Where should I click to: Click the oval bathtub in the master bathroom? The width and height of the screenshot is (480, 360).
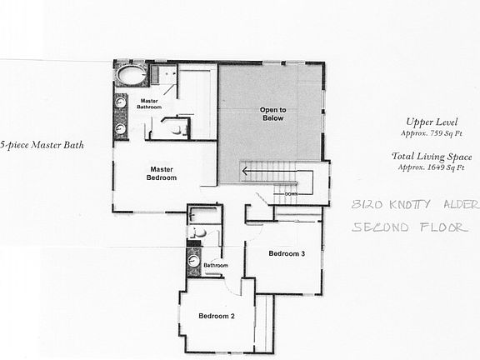[130, 75]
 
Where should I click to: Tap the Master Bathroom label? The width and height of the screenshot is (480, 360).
[150, 105]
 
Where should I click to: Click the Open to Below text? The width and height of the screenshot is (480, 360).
[271, 114]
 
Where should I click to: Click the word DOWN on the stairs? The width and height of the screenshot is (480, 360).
[291, 192]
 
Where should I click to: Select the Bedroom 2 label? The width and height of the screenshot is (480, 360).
[216, 316]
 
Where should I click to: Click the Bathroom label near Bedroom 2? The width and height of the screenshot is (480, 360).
[216, 266]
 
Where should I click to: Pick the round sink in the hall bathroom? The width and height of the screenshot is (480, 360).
[194, 261]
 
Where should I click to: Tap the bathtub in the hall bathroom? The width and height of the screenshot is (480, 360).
[204, 215]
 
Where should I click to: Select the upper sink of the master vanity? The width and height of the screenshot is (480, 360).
[121, 105]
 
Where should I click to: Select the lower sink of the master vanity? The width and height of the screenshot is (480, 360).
[121, 129]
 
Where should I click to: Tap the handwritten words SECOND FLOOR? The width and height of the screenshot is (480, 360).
[410, 227]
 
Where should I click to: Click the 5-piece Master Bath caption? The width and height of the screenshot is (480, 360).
[42, 143]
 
